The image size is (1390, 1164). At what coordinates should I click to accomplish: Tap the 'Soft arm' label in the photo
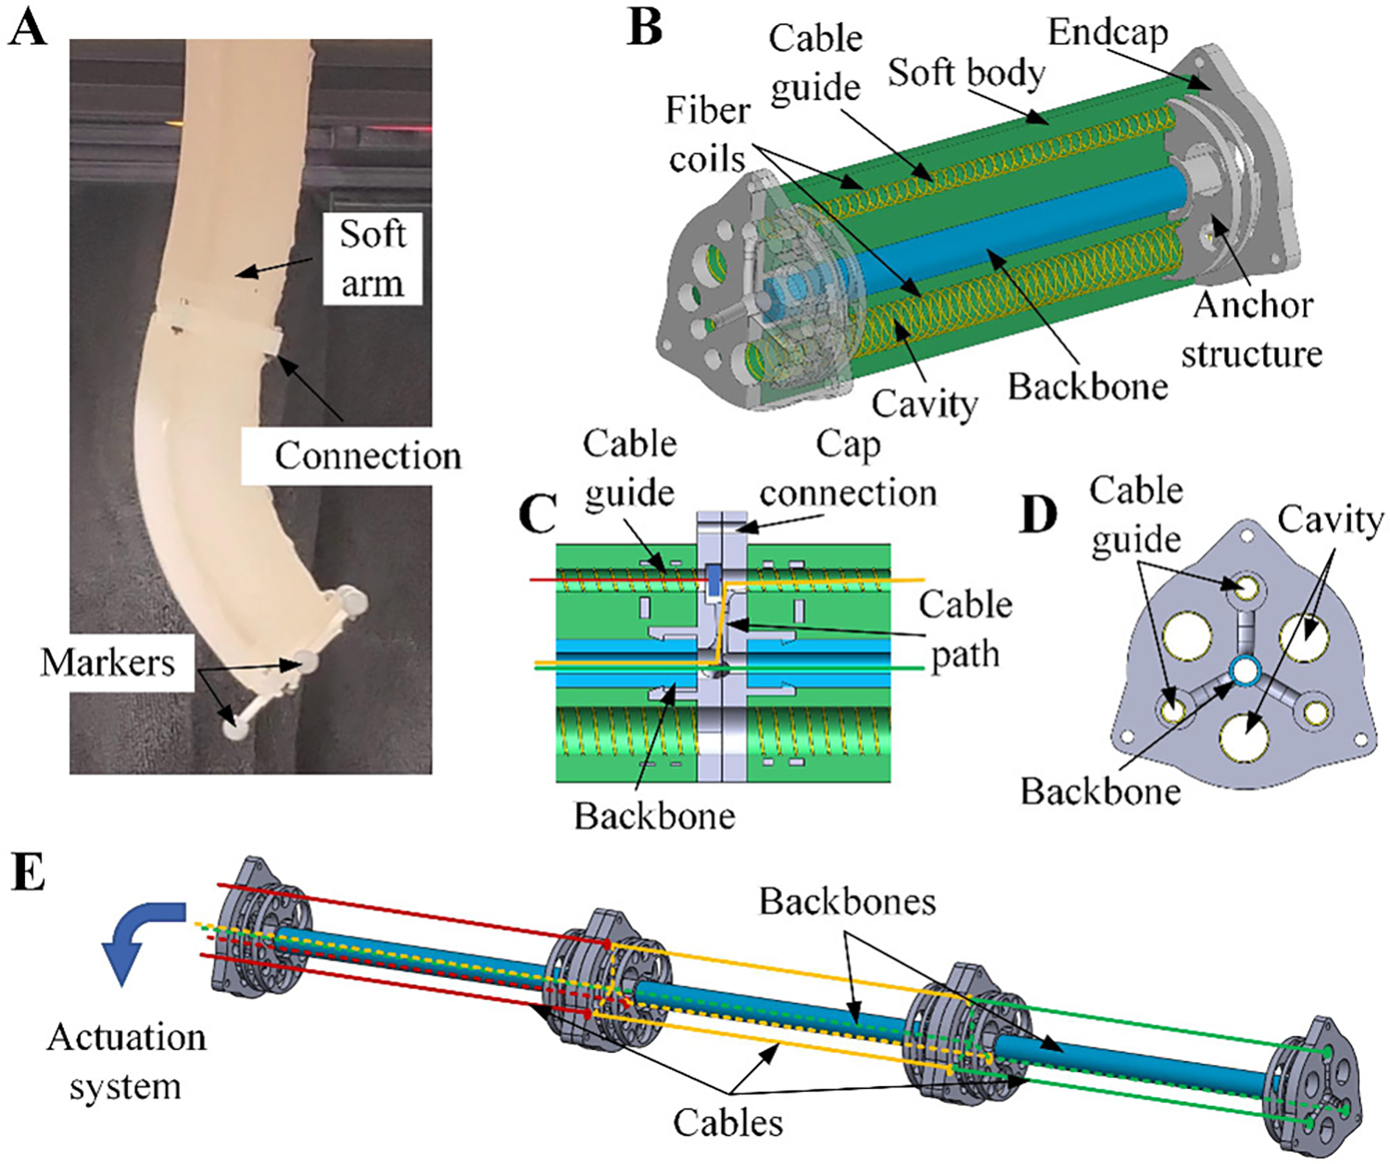pos(373,259)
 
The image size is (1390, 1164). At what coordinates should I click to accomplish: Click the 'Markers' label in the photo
pos(107,662)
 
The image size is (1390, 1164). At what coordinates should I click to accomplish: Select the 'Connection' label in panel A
pos(368,455)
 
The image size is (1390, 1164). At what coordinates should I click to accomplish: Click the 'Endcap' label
pos(1108,33)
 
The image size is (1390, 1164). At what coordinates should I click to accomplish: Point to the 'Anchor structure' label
pos(1252,328)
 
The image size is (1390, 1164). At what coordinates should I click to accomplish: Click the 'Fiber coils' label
pos(708,134)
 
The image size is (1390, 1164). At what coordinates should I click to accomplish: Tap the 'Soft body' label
pos(967,71)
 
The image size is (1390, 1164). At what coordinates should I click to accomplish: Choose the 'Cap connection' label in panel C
pos(848,468)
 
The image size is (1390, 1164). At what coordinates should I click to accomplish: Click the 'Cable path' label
pos(966,629)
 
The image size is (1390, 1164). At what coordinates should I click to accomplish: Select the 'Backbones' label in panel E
pos(847,901)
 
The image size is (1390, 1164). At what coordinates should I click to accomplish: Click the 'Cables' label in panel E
pos(727,1122)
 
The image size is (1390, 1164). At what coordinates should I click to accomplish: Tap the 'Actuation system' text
pos(126,1061)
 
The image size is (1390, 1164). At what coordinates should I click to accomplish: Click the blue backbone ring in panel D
pos(1243,668)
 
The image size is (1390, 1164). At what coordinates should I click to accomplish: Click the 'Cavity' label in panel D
pos(1330,520)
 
